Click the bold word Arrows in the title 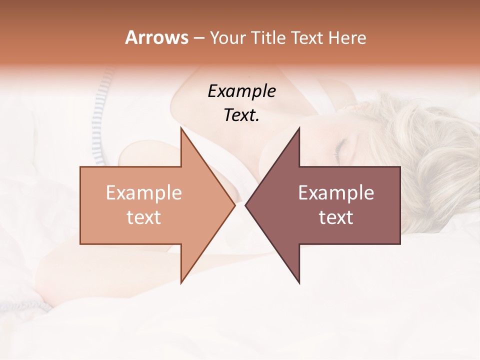click(x=156, y=37)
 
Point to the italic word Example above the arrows click(x=241, y=91)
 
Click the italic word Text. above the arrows click(x=241, y=115)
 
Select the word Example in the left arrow click(x=143, y=193)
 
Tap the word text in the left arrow click(x=143, y=217)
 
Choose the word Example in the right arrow click(x=336, y=193)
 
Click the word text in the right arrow click(x=336, y=217)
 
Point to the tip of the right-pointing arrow click(x=234, y=205)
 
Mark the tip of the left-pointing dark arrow click(x=245, y=205)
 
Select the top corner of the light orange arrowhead click(x=181, y=128)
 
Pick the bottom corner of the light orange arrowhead click(x=181, y=283)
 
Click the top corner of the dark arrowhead click(x=299, y=128)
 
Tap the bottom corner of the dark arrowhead click(x=299, y=283)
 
